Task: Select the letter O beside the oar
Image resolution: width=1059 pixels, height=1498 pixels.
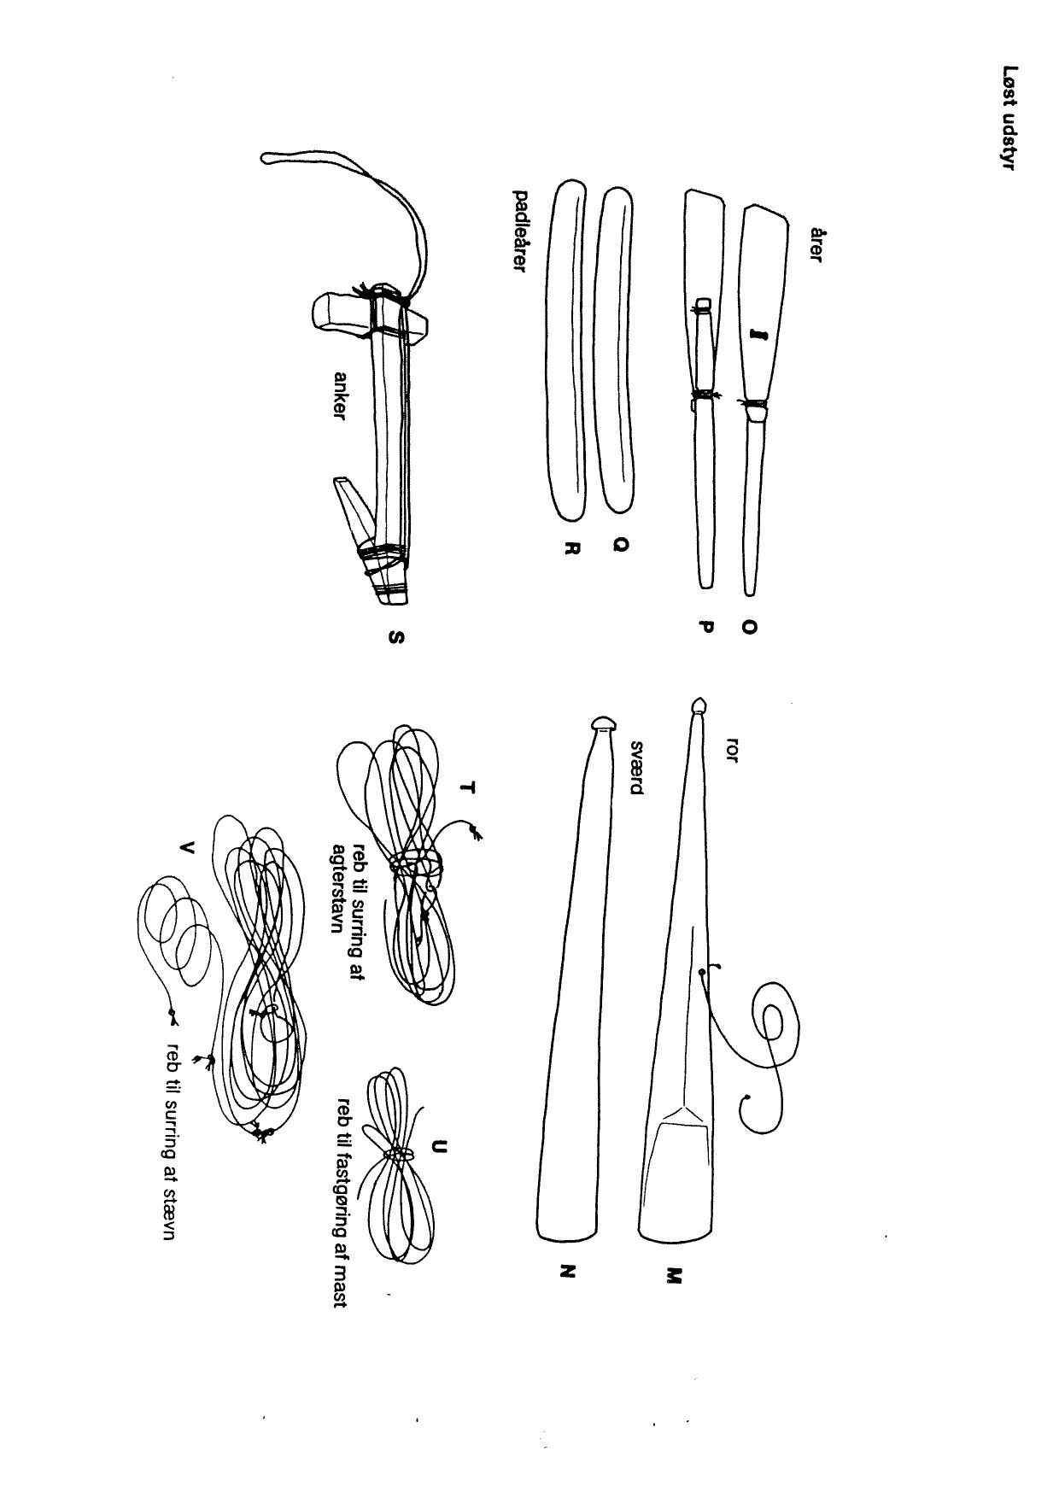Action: (x=749, y=627)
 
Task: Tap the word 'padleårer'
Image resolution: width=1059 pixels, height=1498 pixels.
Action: (x=518, y=231)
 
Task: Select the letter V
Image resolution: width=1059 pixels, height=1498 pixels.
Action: (x=187, y=848)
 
